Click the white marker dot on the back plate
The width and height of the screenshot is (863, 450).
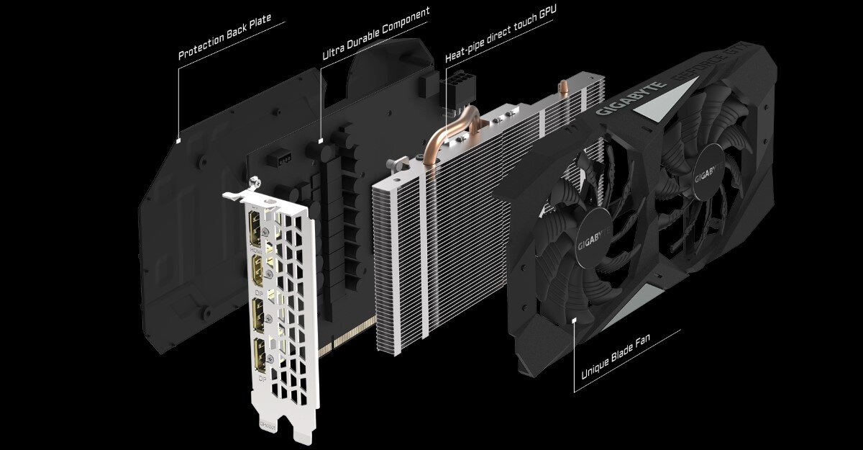click(x=178, y=138)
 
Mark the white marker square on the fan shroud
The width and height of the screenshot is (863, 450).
click(x=573, y=318)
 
